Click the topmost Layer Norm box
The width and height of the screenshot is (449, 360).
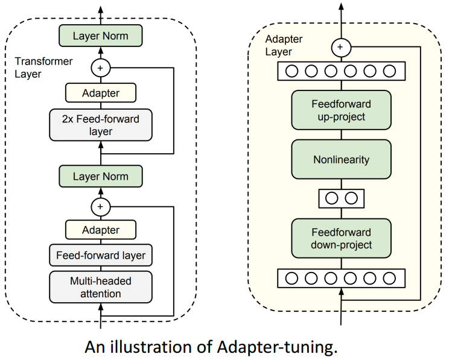(101, 36)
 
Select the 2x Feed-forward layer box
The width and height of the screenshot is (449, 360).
(101, 125)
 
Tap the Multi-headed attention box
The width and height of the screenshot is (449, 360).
(101, 287)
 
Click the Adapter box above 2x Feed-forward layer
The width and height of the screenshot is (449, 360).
(101, 93)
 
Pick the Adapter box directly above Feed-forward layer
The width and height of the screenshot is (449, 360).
(101, 230)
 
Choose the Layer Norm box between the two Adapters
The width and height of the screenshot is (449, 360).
(101, 177)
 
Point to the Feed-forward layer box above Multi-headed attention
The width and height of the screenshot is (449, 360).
(101, 256)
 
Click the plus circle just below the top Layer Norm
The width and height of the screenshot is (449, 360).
(101, 68)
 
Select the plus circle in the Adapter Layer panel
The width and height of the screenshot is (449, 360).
(341, 47)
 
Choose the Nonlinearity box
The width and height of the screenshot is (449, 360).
(341, 160)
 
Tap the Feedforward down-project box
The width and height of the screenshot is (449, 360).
(341, 239)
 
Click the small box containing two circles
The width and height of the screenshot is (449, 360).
(341, 198)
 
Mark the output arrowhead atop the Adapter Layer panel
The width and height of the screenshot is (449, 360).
(341, 7)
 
